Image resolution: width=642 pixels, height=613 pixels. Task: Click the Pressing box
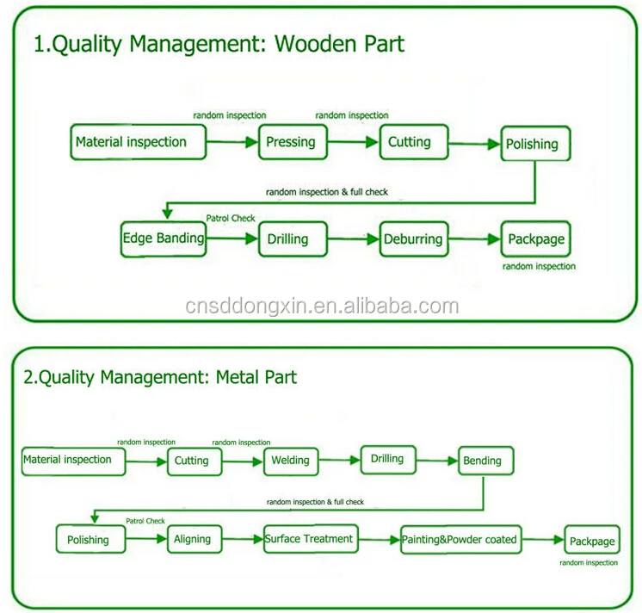[293, 142]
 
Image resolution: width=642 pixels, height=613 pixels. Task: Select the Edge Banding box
[164, 239]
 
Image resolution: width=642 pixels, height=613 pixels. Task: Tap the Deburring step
[414, 239]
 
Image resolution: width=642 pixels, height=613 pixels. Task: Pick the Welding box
[291, 461]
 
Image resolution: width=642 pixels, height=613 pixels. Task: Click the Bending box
[485, 461]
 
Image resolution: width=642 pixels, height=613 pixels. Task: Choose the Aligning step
[194, 539]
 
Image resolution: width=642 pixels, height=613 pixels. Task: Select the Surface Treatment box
[311, 539]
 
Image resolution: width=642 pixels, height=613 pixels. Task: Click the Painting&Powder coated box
[460, 540]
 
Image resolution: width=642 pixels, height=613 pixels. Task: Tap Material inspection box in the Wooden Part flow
[138, 142]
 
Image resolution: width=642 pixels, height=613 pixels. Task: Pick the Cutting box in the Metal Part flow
[194, 461]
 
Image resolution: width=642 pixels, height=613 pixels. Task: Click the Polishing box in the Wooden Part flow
[535, 143]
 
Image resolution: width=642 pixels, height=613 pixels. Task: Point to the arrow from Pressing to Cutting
[353, 142]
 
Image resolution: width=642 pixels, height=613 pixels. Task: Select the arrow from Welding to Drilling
[339, 461]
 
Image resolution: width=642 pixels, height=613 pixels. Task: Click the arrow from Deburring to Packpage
[474, 239]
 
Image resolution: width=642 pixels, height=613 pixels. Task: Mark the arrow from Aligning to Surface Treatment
[243, 539]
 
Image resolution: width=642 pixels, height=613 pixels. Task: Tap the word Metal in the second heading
[236, 376]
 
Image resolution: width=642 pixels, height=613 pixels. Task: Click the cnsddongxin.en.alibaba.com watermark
[322, 306]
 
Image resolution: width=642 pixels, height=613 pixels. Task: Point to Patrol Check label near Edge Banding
[231, 219]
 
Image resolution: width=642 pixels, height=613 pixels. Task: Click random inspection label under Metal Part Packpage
[589, 562]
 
